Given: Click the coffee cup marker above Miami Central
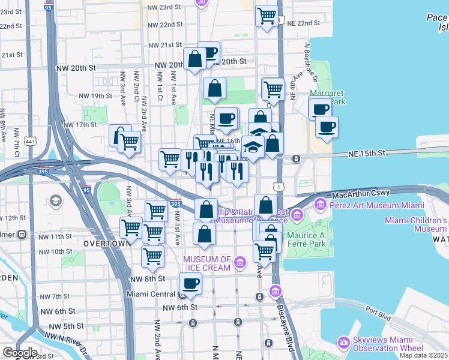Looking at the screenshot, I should (191, 283).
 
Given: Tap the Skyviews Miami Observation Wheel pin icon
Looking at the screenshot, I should (345, 343).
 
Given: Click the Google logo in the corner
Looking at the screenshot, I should (19, 353).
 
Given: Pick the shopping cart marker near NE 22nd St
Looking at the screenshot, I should (266, 16).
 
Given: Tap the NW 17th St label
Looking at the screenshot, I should (80, 125).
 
